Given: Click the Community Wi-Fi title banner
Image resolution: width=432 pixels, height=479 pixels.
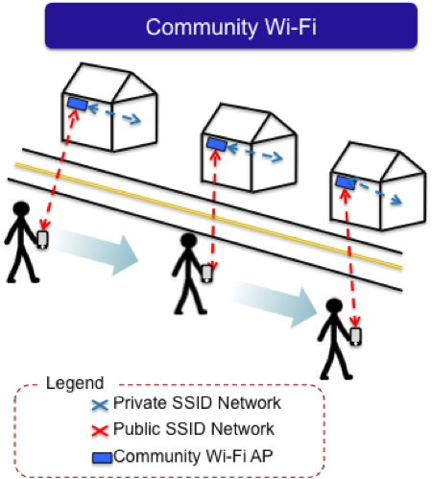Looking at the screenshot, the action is pyautogui.click(x=231, y=26).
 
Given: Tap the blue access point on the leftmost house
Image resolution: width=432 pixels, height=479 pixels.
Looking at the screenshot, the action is pyautogui.click(x=78, y=104).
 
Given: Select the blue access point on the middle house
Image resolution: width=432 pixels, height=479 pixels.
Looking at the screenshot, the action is pyautogui.click(x=217, y=144).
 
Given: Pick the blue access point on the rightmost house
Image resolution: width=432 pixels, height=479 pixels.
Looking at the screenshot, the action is pyautogui.click(x=346, y=182).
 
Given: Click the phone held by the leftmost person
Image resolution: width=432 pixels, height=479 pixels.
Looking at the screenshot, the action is pyautogui.click(x=43, y=239).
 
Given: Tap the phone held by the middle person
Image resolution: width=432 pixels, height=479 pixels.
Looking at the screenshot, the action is pyautogui.click(x=207, y=274).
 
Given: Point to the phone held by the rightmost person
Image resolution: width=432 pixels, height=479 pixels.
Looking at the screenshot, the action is pyautogui.click(x=356, y=337).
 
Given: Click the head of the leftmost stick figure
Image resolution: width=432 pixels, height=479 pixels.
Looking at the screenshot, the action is pyautogui.click(x=21, y=208).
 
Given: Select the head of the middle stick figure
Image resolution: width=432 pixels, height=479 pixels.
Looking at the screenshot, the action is pyautogui.click(x=188, y=240).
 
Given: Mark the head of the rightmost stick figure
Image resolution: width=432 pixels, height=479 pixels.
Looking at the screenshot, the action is pyautogui.click(x=334, y=306).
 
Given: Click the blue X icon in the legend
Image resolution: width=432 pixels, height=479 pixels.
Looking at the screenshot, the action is pyautogui.click(x=100, y=405).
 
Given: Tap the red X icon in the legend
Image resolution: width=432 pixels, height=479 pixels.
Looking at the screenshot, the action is pyautogui.click(x=100, y=431).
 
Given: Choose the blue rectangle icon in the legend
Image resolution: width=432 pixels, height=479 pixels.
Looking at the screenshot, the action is pyautogui.click(x=102, y=458).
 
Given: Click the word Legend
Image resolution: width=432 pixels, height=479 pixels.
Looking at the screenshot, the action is pyautogui.click(x=75, y=383).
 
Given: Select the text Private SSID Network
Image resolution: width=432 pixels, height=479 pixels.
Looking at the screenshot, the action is pyautogui.click(x=197, y=403).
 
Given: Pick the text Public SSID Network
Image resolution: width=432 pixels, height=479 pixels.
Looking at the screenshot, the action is pyautogui.click(x=194, y=429).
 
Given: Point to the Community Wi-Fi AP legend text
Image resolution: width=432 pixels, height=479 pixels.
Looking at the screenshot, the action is pyautogui.click(x=193, y=456).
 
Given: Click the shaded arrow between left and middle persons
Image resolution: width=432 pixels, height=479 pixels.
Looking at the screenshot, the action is pyautogui.click(x=94, y=251).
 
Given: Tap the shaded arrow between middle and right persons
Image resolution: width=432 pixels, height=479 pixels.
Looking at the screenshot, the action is pyautogui.click(x=273, y=303).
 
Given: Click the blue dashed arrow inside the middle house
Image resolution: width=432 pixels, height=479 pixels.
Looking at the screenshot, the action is pyautogui.click(x=254, y=153).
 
